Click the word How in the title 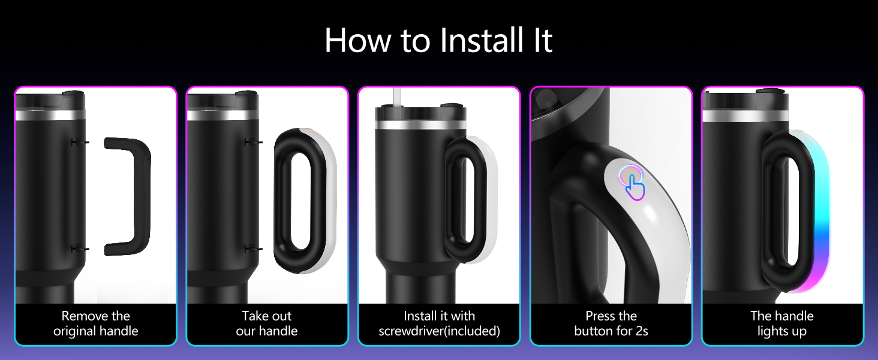(x=357, y=40)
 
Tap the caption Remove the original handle (x=95, y=323)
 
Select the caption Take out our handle (x=266, y=323)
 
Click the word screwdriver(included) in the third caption (x=439, y=331)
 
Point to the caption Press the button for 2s (x=611, y=323)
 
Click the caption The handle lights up (x=782, y=323)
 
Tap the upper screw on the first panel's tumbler (x=80, y=142)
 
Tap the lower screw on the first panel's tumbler (x=80, y=248)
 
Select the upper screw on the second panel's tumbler (x=253, y=142)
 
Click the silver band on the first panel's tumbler (x=50, y=115)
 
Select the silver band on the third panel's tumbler (x=420, y=124)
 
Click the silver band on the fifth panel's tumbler (x=745, y=116)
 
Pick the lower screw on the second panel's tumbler (x=253, y=248)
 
